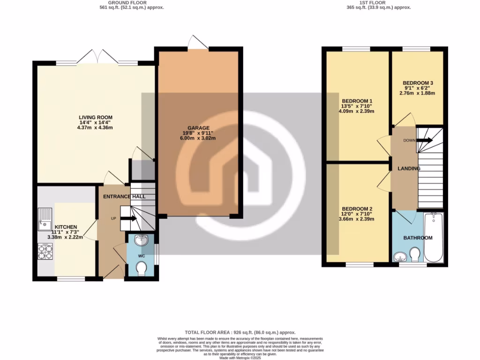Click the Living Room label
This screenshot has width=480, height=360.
pyautogui.click(x=95, y=118)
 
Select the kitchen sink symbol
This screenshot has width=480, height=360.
pyautogui.click(x=45, y=219)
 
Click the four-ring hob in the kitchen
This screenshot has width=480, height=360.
pyautogui.click(x=45, y=252)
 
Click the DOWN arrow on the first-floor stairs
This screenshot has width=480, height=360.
pyautogui.click(x=426, y=140)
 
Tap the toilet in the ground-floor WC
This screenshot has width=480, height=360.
pyautogui.click(x=141, y=269)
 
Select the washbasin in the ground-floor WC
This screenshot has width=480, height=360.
pyautogui.click(x=141, y=241)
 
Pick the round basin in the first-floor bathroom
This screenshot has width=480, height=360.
pyautogui.click(x=399, y=257)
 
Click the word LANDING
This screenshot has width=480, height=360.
pyautogui.click(x=409, y=168)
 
